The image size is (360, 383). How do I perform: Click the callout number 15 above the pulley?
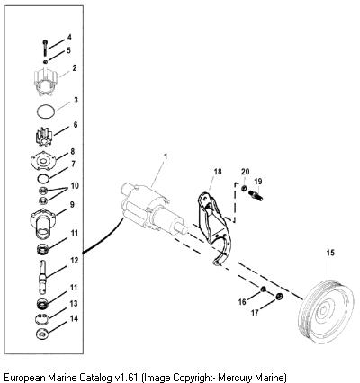[330, 253]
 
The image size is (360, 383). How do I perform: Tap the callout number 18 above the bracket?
[218, 172]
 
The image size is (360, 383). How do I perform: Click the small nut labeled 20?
[244, 188]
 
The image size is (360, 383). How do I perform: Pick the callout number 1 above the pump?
[165, 156]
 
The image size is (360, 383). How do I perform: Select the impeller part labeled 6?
[44, 138]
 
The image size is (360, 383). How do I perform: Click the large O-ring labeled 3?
[46, 112]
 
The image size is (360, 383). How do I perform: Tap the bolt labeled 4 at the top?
[45, 48]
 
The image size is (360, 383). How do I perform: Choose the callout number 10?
[75, 186]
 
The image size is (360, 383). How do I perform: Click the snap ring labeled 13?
[42, 318]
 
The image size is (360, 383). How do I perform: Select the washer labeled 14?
[42, 334]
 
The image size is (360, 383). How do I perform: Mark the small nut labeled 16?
[263, 289]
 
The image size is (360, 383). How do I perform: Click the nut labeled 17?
[279, 297]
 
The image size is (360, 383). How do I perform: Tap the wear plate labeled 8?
[44, 159]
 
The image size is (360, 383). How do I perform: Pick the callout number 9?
[72, 205]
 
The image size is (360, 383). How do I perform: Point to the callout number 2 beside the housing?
[74, 68]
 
